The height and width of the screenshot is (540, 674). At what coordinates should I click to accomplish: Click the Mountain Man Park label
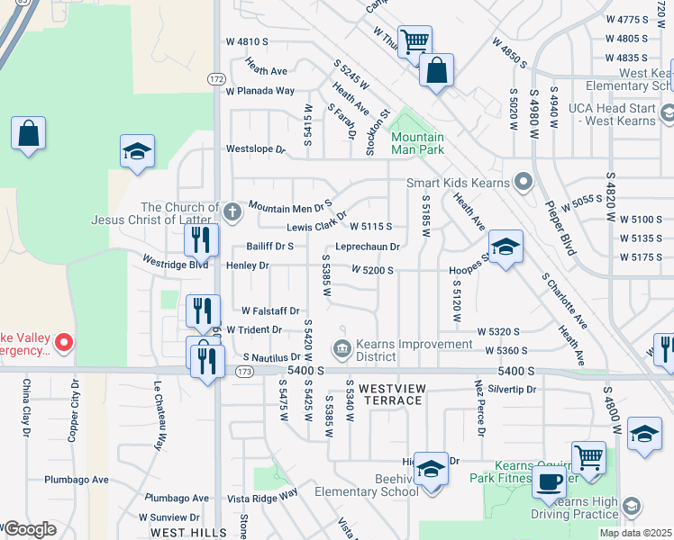click(x=417, y=144)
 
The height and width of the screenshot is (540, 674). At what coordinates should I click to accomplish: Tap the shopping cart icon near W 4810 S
click(x=414, y=41)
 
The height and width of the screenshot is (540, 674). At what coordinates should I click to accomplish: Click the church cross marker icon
click(x=232, y=212)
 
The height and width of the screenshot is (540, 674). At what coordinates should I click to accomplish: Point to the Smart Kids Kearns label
click(x=458, y=183)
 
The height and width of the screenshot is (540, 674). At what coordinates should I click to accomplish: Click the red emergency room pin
click(x=63, y=342)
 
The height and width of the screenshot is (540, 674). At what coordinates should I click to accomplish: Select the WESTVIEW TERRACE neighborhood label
click(x=392, y=388)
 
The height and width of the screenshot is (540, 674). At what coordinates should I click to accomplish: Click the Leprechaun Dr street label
click(x=368, y=246)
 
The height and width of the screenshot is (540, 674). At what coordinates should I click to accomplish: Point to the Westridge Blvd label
click(x=175, y=265)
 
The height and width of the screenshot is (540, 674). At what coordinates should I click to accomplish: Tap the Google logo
click(x=30, y=529)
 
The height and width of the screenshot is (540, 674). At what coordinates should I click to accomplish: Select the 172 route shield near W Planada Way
click(x=216, y=79)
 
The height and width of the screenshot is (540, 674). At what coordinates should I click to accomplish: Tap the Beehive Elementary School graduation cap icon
click(x=432, y=469)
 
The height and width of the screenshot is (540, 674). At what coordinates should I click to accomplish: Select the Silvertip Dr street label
click(x=512, y=390)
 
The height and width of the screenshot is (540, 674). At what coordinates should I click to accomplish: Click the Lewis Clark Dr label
click(x=316, y=227)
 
